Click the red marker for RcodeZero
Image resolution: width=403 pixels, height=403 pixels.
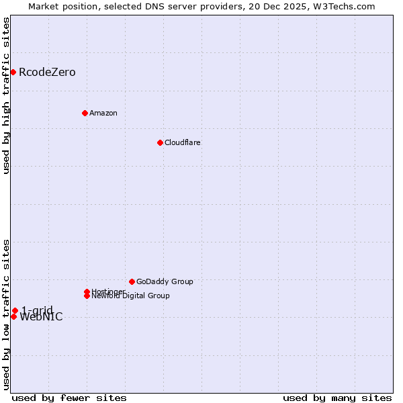[x=13, y=72]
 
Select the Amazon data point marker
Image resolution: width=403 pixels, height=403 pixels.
[x=85, y=113]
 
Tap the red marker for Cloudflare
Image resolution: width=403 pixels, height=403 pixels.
[x=160, y=142]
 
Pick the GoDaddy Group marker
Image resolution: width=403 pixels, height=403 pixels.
[x=132, y=281]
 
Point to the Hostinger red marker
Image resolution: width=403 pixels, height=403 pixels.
[x=87, y=292]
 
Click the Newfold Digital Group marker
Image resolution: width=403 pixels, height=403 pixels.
[x=87, y=296]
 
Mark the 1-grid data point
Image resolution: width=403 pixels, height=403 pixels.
[x=15, y=310]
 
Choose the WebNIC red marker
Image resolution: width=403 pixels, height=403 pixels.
[x=13, y=316]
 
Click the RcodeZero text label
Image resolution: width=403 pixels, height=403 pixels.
[x=47, y=73]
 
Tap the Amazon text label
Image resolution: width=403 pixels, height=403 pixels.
[x=103, y=113]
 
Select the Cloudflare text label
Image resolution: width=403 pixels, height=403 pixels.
[x=183, y=142]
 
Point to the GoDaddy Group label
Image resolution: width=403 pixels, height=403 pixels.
[x=165, y=281]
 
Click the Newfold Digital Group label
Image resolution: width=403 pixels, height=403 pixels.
[x=131, y=296]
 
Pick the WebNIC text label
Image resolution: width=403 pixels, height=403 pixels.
[x=42, y=318]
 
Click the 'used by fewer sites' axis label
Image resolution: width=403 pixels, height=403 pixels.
[x=69, y=398]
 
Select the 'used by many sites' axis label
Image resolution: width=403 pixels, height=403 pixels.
[x=337, y=398]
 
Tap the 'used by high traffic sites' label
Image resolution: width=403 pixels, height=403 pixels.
[x=6, y=95]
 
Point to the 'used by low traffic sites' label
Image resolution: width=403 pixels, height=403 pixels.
[x=6, y=314]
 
